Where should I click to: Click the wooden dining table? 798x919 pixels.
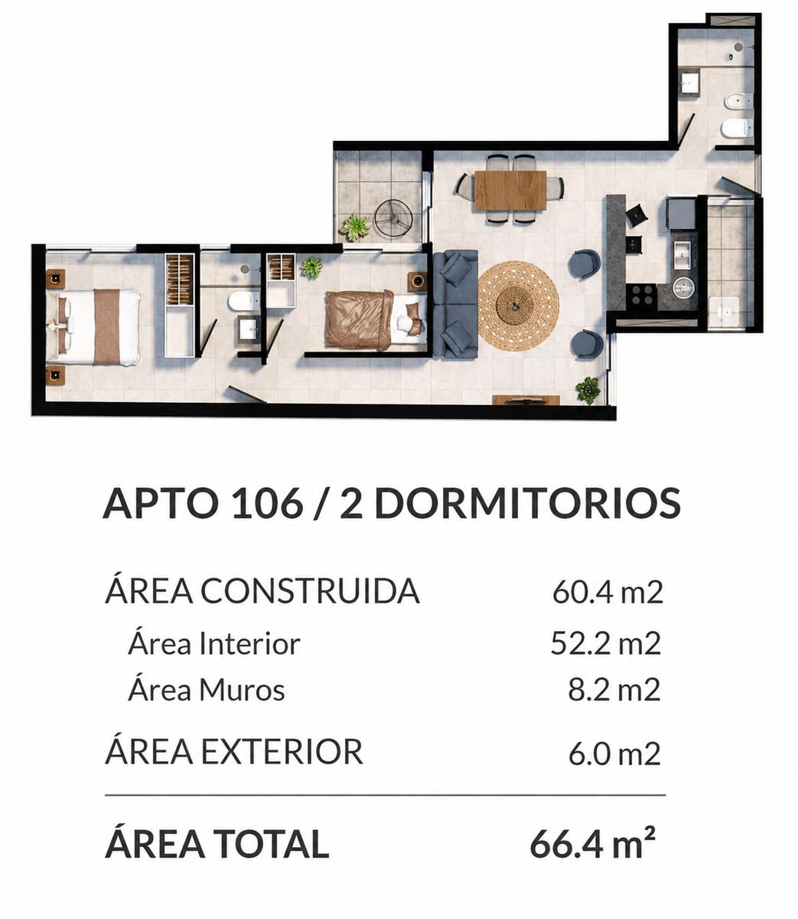pyautogui.click(x=510, y=191)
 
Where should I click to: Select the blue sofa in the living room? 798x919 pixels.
pyautogui.click(x=454, y=304)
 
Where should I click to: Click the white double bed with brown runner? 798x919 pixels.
pyautogui.click(x=93, y=326)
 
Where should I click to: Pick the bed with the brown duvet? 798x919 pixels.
pyautogui.click(x=376, y=319)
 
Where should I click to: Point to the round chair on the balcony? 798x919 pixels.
pyautogui.click(x=393, y=217)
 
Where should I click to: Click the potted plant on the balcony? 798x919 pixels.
pyautogui.click(x=354, y=227)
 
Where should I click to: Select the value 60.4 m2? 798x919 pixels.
pyautogui.click(x=607, y=593)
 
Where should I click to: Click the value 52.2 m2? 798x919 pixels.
pyautogui.click(x=605, y=643)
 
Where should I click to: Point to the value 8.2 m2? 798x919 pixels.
pyautogui.click(x=614, y=690)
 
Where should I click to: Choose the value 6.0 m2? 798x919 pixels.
pyautogui.click(x=614, y=754)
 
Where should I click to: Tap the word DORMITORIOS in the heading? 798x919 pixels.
pyautogui.click(x=528, y=503)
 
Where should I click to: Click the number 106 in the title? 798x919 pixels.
pyautogui.click(x=267, y=503)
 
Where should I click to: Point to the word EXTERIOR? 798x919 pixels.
pyautogui.click(x=282, y=752)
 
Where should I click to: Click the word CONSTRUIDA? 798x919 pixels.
pyautogui.click(x=310, y=592)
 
